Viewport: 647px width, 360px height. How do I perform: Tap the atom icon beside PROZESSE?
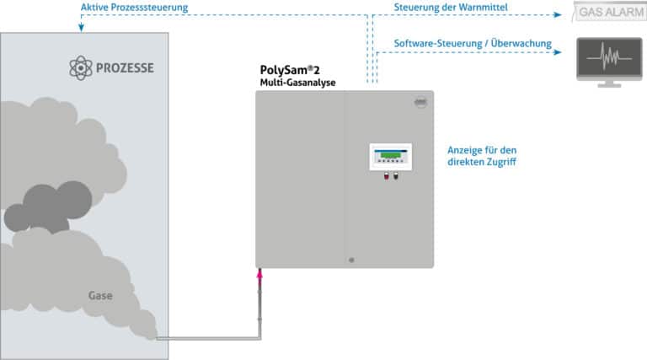pos(80,68)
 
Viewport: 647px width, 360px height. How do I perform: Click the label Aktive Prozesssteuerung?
pos(134,8)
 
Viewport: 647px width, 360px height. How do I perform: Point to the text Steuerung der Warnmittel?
pos(451,8)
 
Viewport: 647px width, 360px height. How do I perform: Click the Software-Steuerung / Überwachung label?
pos(473,43)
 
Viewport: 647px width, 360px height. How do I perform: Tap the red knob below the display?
pos(386,177)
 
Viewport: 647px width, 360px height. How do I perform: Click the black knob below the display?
pos(396,177)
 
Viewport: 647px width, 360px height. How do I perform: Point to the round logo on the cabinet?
pos(422,102)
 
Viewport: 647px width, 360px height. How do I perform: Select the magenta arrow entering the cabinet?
pos(259,275)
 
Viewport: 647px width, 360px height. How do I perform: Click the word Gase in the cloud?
pos(100,296)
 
